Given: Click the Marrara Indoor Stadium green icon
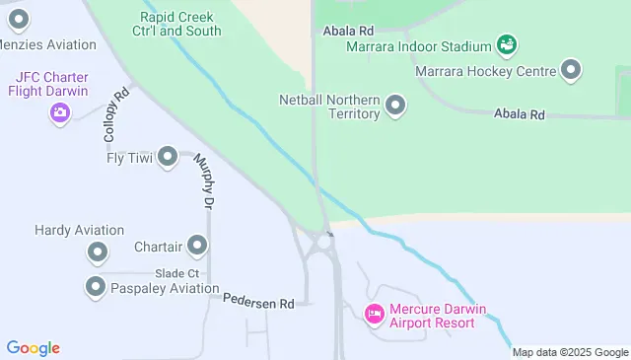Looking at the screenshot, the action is coord(507,45).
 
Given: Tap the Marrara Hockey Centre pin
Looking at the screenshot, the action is coord(571,70).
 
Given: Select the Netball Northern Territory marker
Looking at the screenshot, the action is coord(395,106).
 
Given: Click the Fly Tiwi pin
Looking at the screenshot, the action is coord(168,156).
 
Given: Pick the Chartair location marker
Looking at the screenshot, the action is coord(197,245).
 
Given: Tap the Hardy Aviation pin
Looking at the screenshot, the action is coord(97,253).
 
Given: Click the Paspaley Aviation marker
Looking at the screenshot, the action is coord(96,288).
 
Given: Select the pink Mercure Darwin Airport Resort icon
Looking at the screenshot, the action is coord(375,315).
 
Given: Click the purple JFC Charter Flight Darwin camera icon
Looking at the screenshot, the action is coord(60,112).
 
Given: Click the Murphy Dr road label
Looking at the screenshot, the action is coord(204,180).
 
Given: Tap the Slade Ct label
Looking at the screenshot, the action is coord(177,273).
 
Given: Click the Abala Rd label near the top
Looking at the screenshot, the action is coord(348,31).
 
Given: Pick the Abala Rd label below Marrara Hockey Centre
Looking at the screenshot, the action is coord(520,115).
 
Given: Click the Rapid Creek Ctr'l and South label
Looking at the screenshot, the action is coord(181,24).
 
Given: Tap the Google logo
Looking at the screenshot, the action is coord(33,348).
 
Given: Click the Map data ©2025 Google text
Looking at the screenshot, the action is coord(570,352).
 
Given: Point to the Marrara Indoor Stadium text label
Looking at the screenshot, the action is coord(418,46).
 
